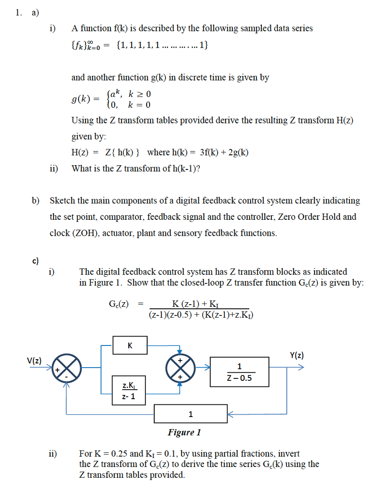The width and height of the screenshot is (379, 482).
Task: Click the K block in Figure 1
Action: pyautogui.click(x=130, y=345)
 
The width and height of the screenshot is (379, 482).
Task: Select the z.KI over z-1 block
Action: pyautogui.click(x=129, y=390)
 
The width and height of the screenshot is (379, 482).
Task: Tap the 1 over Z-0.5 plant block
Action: pyautogui.click(x=239, y=371)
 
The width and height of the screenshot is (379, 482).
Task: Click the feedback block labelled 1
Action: pyautogui.click(x=190, y=414)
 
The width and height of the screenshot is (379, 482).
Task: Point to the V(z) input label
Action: pyautogui.click(x=34, y=361)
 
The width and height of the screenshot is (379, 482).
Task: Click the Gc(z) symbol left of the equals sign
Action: pyautogui.click(x=118, y=304)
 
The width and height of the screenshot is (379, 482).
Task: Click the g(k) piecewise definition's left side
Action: pyautogui.click(x=82, y=99)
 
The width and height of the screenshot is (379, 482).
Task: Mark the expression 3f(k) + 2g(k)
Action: pyautogui.click(x=221, y=153)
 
